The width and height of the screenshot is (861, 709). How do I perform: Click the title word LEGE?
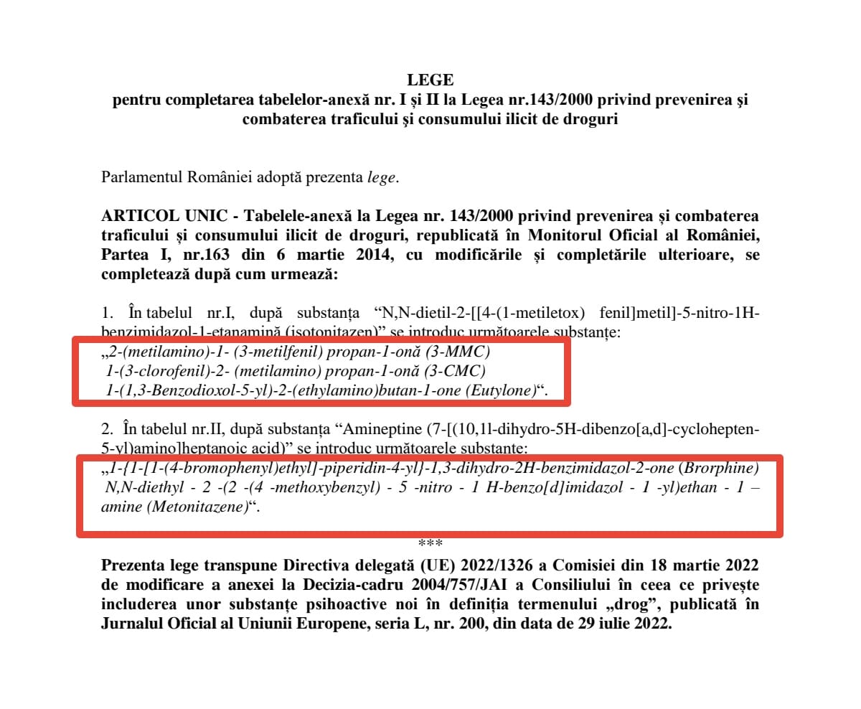click(x=430, y=80)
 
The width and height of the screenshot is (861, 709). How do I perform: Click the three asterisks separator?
click(x=430, y=543)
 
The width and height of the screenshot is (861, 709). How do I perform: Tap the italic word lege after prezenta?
click(x=380, y=178)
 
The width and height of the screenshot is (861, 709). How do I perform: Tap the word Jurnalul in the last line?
click(x=129, y=624)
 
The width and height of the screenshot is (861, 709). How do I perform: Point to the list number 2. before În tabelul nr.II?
click(x=108, y=429)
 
